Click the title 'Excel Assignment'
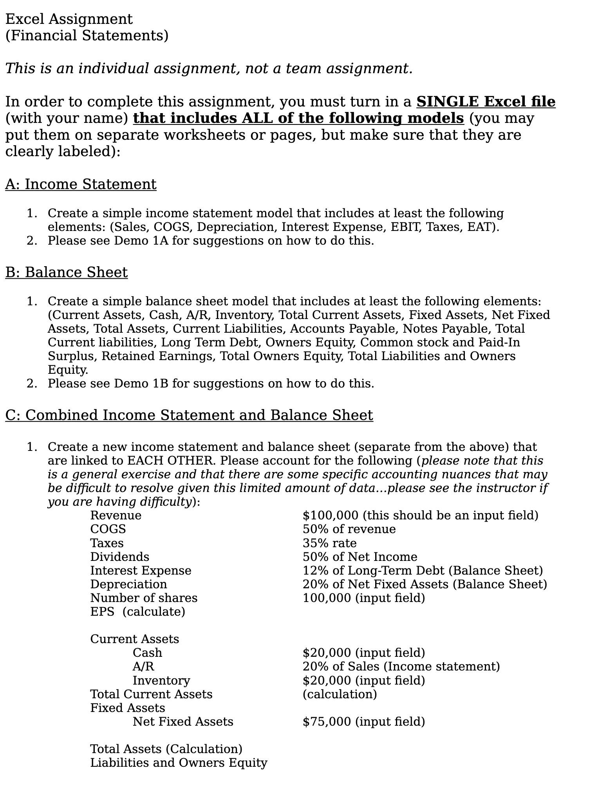coord(69,19)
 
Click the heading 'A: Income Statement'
coord(81,184)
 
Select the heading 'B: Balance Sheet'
coord(66,272)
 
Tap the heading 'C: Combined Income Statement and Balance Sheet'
coord(189,415)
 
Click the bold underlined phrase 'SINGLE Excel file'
coord(486,101)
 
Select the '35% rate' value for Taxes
coord(329,543)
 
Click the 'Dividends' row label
coord(119,557)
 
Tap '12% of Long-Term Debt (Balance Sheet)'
coord(423,570)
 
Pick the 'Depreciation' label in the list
coord(128,584)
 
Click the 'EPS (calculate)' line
coord(137,611)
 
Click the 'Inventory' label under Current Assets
coord(161,680)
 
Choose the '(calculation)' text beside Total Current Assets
coord(340,694)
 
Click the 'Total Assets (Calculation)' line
coord(166,749)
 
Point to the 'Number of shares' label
coord(144,598)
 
